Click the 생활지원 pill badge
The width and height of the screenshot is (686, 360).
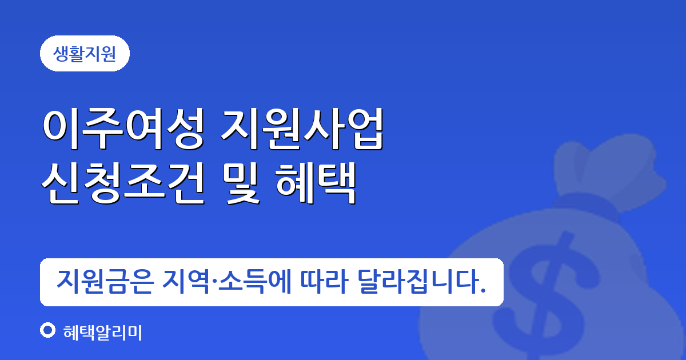pyautogui.click(x=85, y=54)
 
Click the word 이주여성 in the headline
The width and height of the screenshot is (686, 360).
pyautogui.click(x=123, y=129)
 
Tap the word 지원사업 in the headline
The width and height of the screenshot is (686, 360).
pyautogui.click(x=302, y=129)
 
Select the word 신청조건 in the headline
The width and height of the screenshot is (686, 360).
pyautogui.click(x=123, y=183)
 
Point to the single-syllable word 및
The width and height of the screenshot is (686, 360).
pyautogui.click(x=241, y=183)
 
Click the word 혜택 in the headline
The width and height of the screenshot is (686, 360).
pyautogui.click(x=316, y=183)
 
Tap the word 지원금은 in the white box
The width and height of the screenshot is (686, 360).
pyautogui.click(x=105, y=282)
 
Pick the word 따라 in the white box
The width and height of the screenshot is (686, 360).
pyautogui.click(x=324, y=282)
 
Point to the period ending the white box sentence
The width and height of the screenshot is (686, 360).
pyautogui.click(x=483, y=291)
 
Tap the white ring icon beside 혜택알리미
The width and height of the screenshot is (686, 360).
pyautogui.click(x=48, y=331)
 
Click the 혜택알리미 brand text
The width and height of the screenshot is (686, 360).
pyautogui.click(x=102, y=333)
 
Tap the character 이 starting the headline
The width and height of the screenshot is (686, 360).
pyautogui.click(x=61, y=129)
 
